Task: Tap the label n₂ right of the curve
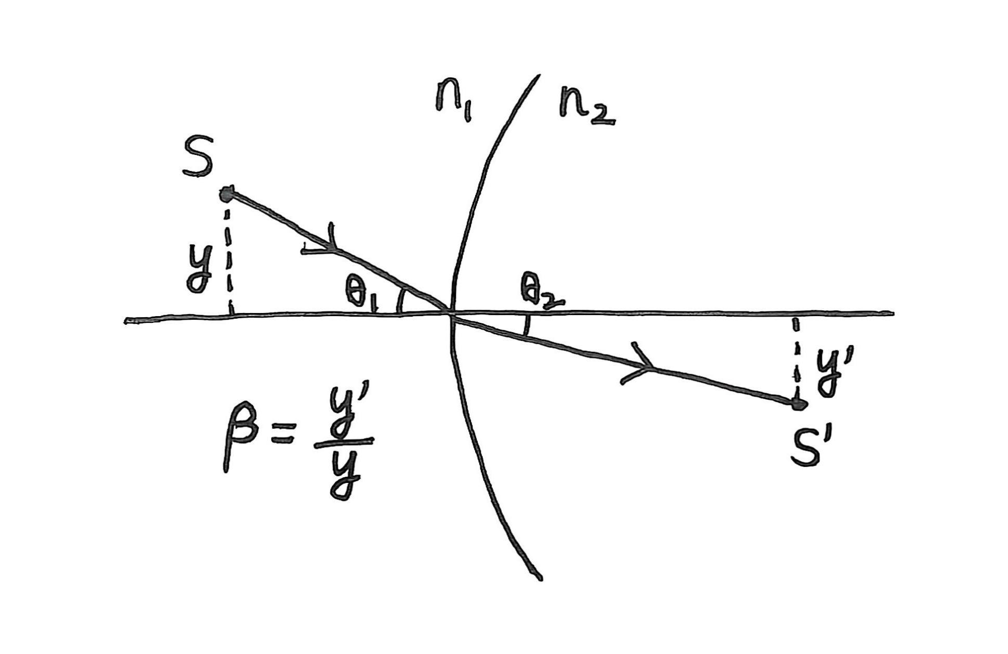click(586, 106)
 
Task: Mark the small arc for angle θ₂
click(527, 325)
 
